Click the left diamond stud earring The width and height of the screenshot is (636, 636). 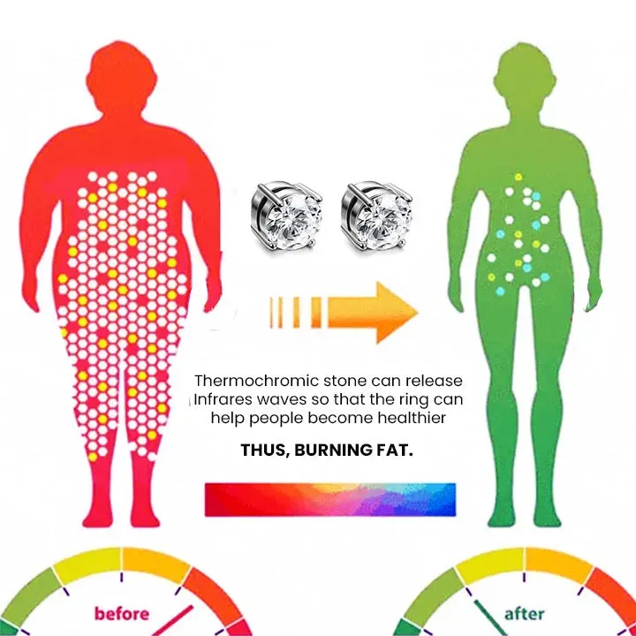pos(286,216)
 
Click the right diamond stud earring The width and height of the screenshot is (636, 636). pos(376,216)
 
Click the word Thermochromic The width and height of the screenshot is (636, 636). pos(256,381)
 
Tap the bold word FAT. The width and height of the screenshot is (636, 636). pos(397,450)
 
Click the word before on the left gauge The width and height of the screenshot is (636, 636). pos(122,613)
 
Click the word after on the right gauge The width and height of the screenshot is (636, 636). pos(524,614)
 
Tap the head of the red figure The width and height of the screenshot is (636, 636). pos(121,77)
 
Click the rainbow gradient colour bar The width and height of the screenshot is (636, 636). pos(330,500)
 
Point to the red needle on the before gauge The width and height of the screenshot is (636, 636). pos(172,621)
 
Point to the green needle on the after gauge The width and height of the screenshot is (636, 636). pos(491,617)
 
